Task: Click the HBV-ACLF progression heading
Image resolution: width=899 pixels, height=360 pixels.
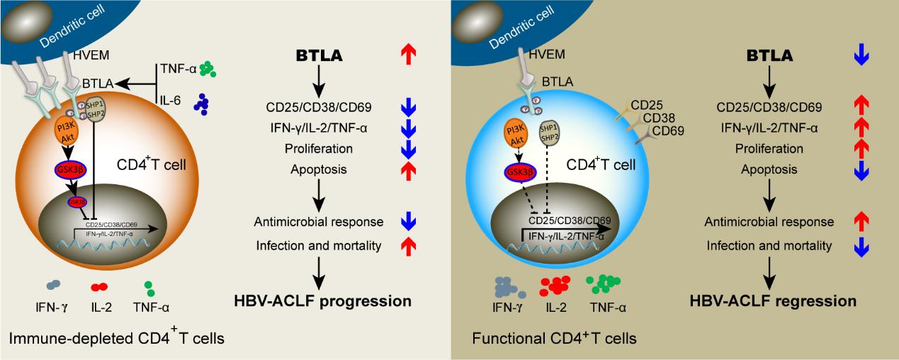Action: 322,300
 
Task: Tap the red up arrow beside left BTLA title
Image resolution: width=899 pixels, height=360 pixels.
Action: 408,55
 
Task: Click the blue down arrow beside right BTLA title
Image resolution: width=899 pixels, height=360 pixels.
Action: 861,55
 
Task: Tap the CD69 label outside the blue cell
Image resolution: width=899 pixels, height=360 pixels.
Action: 667,131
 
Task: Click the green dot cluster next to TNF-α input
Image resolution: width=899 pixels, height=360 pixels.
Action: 207,69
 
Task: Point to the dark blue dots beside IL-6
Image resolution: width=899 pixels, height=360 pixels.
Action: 202,104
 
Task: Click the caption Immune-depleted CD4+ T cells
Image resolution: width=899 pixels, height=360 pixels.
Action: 117,339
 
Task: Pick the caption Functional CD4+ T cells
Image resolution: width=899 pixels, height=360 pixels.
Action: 554,339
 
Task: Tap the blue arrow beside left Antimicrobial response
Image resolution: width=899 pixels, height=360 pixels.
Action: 408,223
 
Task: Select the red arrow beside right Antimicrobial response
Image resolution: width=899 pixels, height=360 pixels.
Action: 861,223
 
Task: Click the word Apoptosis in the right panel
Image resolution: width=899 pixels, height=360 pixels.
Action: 769,169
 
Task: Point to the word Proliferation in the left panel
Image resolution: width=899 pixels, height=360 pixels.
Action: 318,149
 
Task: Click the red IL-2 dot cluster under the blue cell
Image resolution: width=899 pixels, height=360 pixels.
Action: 555,285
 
